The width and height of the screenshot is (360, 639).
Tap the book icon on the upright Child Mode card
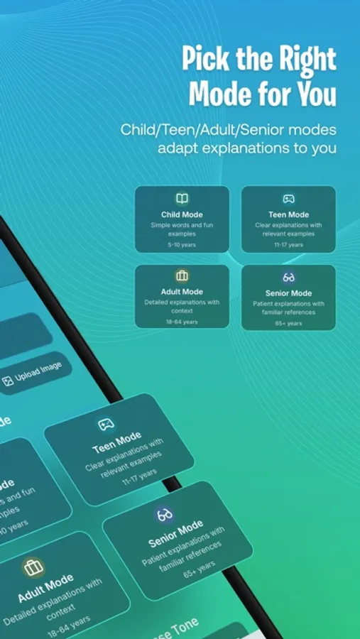(x=182, y=199)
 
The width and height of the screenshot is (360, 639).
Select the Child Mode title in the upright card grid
(x=182, y=214)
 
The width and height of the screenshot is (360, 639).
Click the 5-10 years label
(x=182, y=244)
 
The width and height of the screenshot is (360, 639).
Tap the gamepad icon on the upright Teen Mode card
(x=289, y=199)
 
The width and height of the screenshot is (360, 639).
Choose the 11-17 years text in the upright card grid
(x=289, y=244)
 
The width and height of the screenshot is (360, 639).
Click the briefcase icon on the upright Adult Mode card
(x=182, y=276)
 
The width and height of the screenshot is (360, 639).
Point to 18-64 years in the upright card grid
(x=182, y=322)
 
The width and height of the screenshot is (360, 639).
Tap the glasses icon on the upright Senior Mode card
(x=289, y=277)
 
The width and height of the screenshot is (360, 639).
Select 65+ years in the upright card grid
(x=289, y=323)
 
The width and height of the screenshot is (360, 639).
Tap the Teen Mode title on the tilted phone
(x=117, y=444)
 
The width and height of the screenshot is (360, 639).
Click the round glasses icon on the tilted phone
(x=165, y=513)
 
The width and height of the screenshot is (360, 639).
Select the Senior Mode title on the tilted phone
(x=176, y=535)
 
